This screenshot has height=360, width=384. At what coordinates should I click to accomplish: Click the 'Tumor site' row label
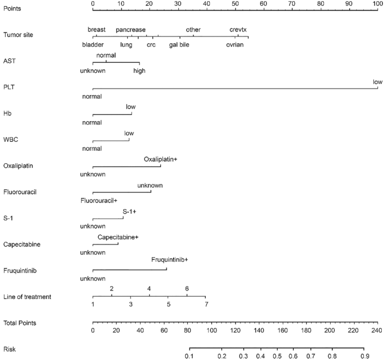coord(17,35)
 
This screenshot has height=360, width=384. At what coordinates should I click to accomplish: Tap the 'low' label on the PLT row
coord(378,81)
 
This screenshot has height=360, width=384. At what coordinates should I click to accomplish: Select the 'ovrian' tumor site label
coord(235,44)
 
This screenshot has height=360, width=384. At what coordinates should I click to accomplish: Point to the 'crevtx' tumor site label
coord(241,29)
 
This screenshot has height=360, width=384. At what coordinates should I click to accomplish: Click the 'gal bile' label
coord(179,44)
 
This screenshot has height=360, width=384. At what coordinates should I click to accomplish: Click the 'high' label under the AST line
coord(140,71)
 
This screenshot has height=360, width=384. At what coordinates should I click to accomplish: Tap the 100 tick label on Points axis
coord(378,3)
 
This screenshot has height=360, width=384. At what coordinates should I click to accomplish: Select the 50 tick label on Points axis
coord(235,3)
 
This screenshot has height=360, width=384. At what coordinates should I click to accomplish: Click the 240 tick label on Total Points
coord(377,331)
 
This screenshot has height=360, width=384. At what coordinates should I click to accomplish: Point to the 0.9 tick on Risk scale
coord(365,356)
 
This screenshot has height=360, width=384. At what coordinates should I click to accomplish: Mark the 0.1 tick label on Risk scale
coord(190,356)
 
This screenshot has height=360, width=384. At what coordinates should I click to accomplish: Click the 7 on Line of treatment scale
coord(206,304)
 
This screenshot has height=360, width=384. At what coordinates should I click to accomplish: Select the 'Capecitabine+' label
coord(118,237)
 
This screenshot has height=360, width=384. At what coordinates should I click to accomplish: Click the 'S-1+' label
coord(129,211)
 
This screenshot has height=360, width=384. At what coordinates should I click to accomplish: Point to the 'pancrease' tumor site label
coord(131,29)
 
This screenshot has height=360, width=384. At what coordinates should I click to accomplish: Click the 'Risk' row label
coord(10,349)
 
